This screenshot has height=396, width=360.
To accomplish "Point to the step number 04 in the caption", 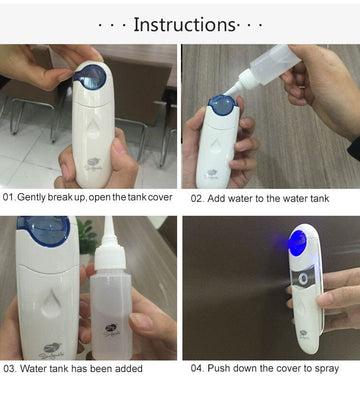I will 197,369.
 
